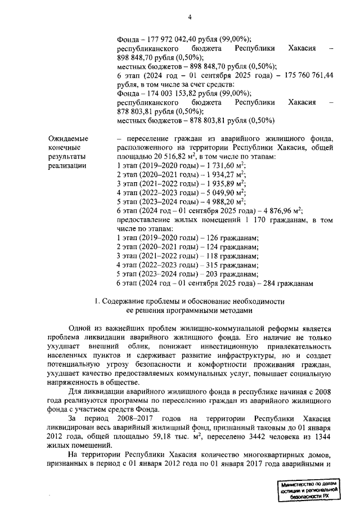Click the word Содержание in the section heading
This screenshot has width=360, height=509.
pyautogui.click(x=127, y=302)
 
